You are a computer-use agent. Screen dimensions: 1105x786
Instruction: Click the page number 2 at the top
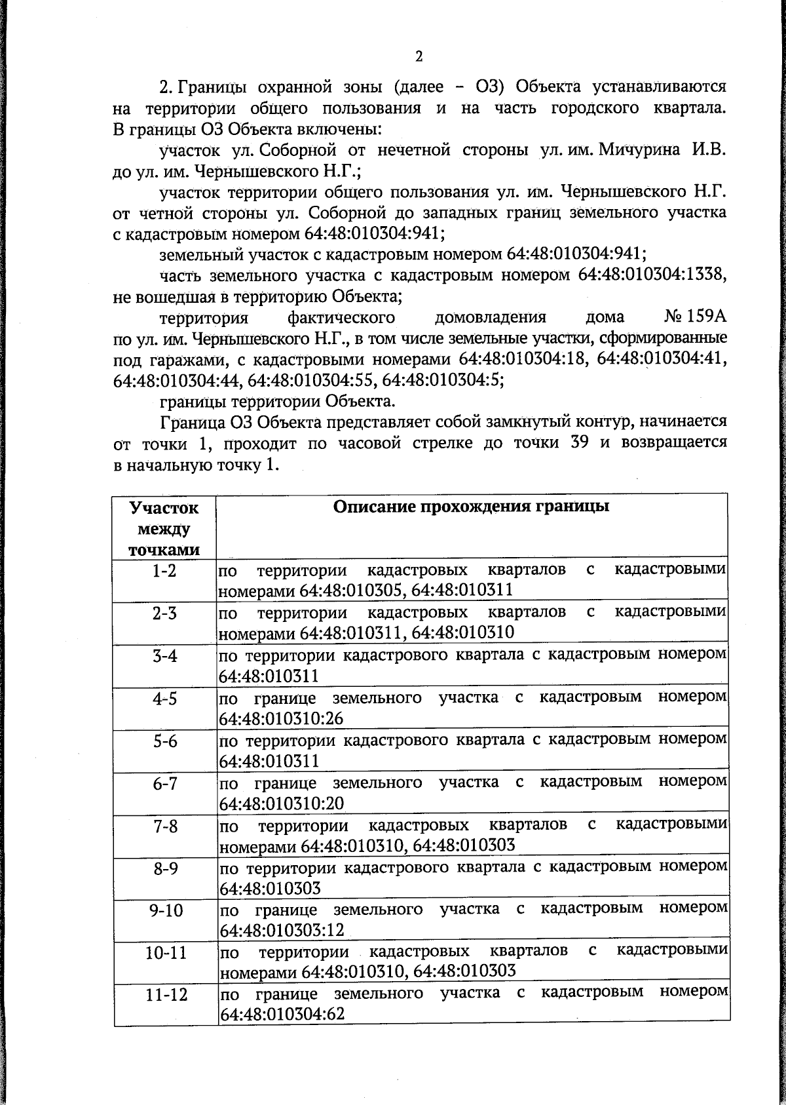point(419,56)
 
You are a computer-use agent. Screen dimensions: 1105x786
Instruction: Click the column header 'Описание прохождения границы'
point(471,507)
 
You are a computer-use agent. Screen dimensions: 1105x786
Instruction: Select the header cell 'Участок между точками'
point(164,529)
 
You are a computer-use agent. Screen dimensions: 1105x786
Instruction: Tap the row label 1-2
point(164,571)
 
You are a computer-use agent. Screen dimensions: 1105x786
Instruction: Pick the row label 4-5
point(165,699)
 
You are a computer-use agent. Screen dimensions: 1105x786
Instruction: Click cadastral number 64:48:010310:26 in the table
point(281,718)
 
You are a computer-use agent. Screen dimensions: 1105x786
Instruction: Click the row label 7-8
point(165,826)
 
